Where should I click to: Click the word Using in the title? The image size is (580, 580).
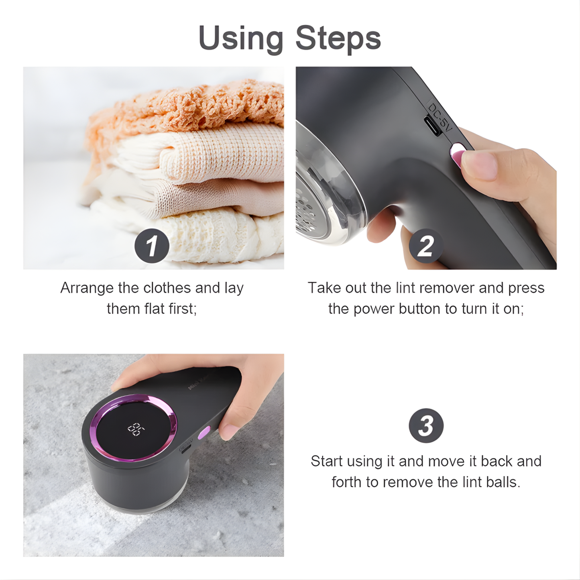pos(241,39)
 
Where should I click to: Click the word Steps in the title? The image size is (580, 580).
pos(338,39)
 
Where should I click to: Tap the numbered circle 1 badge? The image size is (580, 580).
pos(152,245)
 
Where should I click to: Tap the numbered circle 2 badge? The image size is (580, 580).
pos(426,246)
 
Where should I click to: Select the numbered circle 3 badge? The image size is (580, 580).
pos(426,425)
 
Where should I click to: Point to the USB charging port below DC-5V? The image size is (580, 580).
pos(432,126)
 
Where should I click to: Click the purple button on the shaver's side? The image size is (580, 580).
pos(204,433)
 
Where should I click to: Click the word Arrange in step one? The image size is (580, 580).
pos(87,288)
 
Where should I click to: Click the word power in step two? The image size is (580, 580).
pos(376,309)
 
